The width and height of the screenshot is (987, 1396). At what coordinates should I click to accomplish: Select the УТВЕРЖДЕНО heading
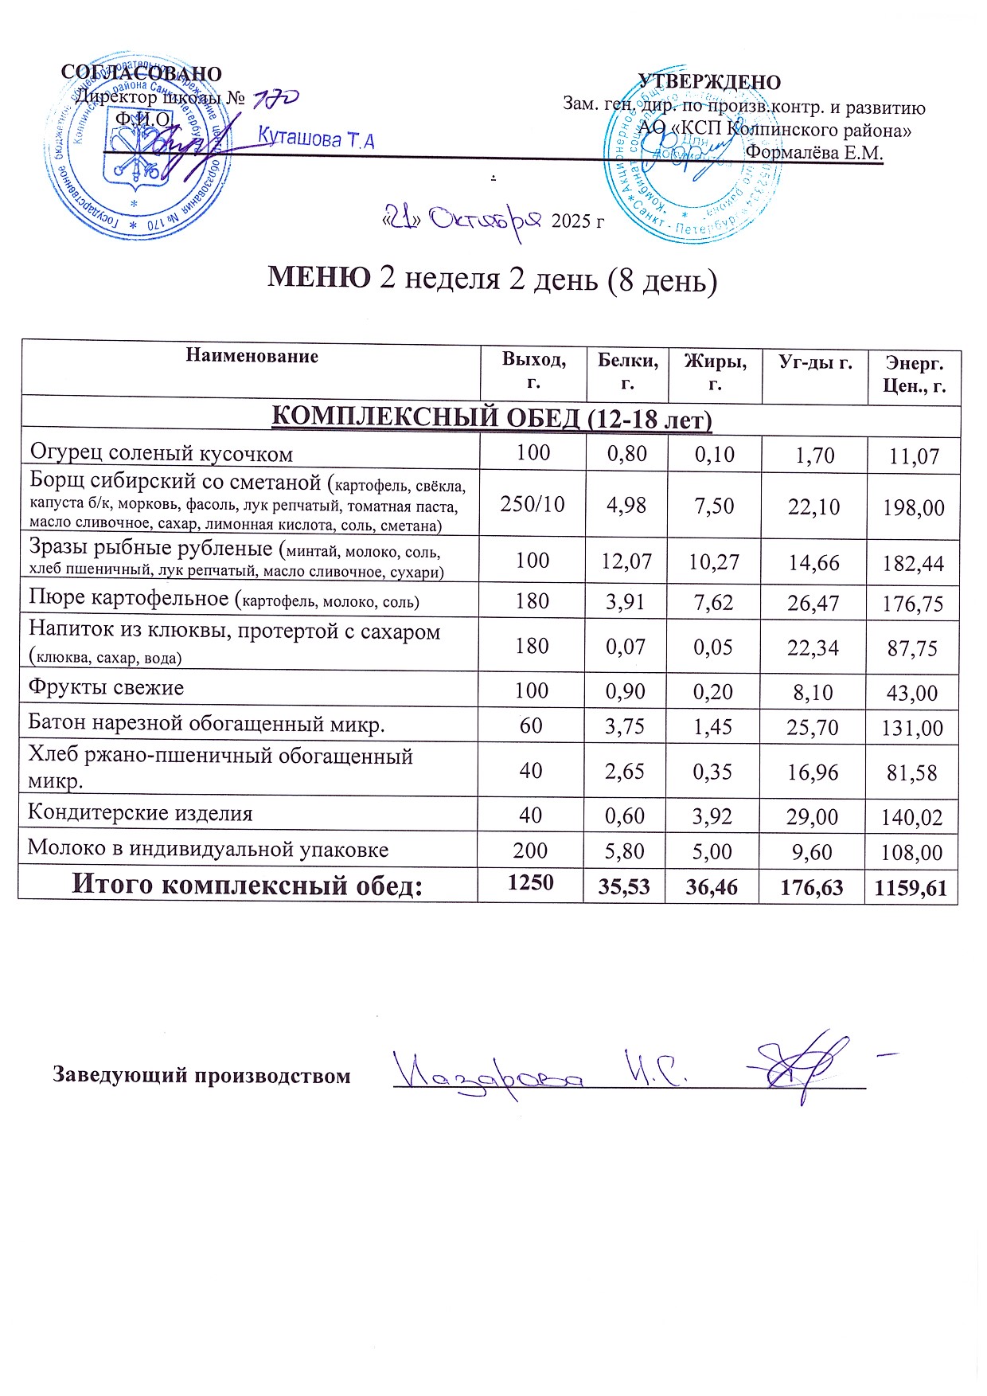point(709,82)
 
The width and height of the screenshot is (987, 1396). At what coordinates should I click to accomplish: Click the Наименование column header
point(252,356)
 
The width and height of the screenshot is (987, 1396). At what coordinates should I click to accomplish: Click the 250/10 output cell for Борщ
point(533,503)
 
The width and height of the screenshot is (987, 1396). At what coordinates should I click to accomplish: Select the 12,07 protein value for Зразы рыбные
point(626,561)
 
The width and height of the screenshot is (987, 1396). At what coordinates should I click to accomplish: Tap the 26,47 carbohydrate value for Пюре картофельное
point(813,603)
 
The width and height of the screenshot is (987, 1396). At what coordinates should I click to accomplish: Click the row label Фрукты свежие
point(106,687)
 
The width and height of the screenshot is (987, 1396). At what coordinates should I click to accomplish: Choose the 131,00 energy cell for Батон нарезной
point(912,728)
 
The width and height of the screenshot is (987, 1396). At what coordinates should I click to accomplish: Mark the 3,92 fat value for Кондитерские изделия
point(712,815)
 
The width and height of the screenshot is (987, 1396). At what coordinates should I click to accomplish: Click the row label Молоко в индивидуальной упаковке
point(208,849)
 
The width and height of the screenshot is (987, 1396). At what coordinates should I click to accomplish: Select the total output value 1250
point(531,882)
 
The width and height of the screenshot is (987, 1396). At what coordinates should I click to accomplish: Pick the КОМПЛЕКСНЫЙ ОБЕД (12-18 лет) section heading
point(492,417)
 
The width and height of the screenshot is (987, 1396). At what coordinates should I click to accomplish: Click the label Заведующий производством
point(201,1076)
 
